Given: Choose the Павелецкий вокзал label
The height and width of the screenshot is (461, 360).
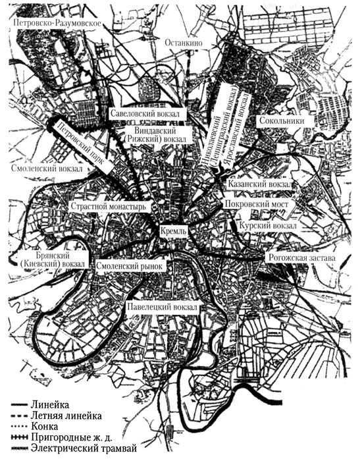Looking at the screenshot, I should (161, 306).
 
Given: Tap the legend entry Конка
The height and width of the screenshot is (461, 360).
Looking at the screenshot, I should (51, 427).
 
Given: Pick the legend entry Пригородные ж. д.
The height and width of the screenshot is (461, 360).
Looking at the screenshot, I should (76, 439).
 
